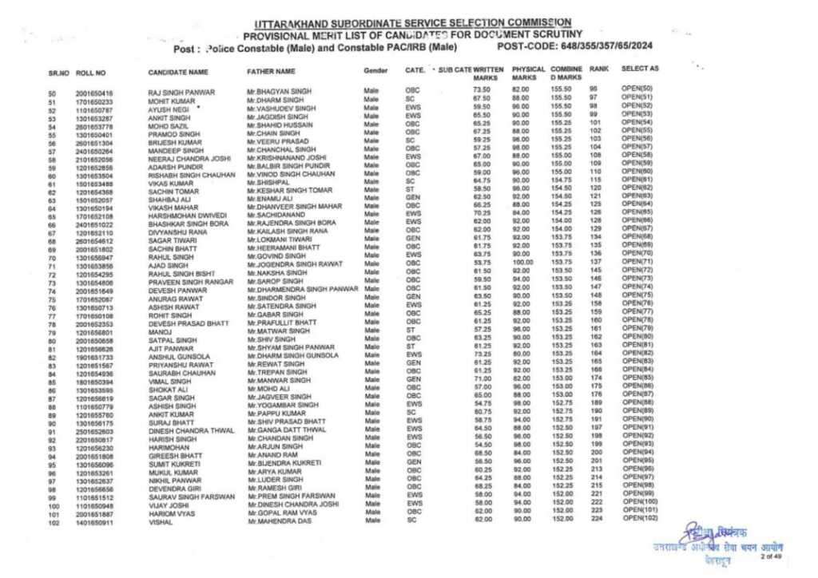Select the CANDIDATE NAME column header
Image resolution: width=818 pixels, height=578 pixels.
[179, 73]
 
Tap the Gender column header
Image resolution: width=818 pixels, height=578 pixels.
[375, 71]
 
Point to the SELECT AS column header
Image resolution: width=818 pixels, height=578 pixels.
[639, 69]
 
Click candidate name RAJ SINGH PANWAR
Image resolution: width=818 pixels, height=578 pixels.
[182, 93]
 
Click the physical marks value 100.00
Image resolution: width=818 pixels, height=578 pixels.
[522, 260]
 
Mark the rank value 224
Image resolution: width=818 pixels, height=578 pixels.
[595, 518]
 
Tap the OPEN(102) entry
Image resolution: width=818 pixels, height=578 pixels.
[639, 517]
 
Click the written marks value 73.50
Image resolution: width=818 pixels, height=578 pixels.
[481, 90]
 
